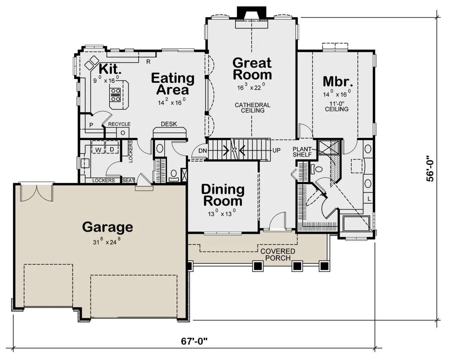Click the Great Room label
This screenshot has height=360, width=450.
252,69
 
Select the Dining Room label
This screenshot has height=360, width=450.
223,195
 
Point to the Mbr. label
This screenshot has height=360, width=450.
338,81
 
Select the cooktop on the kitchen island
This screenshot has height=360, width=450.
115,95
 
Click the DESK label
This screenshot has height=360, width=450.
169,124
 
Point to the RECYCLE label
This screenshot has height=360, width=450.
119,124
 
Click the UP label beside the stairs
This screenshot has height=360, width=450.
276,150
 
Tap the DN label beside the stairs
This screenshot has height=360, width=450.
202,151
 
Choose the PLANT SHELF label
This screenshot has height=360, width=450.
302,152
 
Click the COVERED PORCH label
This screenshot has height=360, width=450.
278,255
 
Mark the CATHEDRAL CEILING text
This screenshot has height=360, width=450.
253,108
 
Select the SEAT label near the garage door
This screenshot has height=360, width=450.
128,181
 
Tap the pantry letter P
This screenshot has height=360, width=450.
91,125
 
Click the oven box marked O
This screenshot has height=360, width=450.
123,133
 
